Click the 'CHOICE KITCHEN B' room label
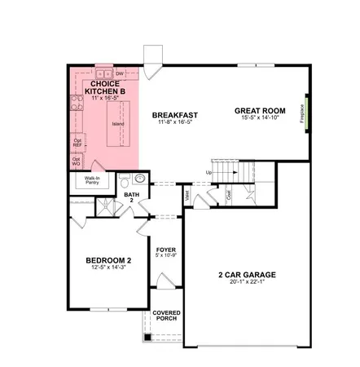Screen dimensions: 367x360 (107, 87)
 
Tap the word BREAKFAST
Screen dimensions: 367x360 (175, 115)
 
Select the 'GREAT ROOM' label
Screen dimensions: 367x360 (261, 111)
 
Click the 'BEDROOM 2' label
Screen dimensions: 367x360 (108, 261)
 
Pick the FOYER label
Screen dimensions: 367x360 (165, 250)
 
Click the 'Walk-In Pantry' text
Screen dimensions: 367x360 (92, 181)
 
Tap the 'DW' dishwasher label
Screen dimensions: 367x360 (119, 73)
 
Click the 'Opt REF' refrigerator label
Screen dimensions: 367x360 (77, 142)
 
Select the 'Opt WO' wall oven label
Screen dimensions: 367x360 (77, 161)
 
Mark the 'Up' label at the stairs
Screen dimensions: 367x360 (209, 173)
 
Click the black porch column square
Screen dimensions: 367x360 (147, 338)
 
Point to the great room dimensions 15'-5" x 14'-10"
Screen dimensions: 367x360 (261, 119)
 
